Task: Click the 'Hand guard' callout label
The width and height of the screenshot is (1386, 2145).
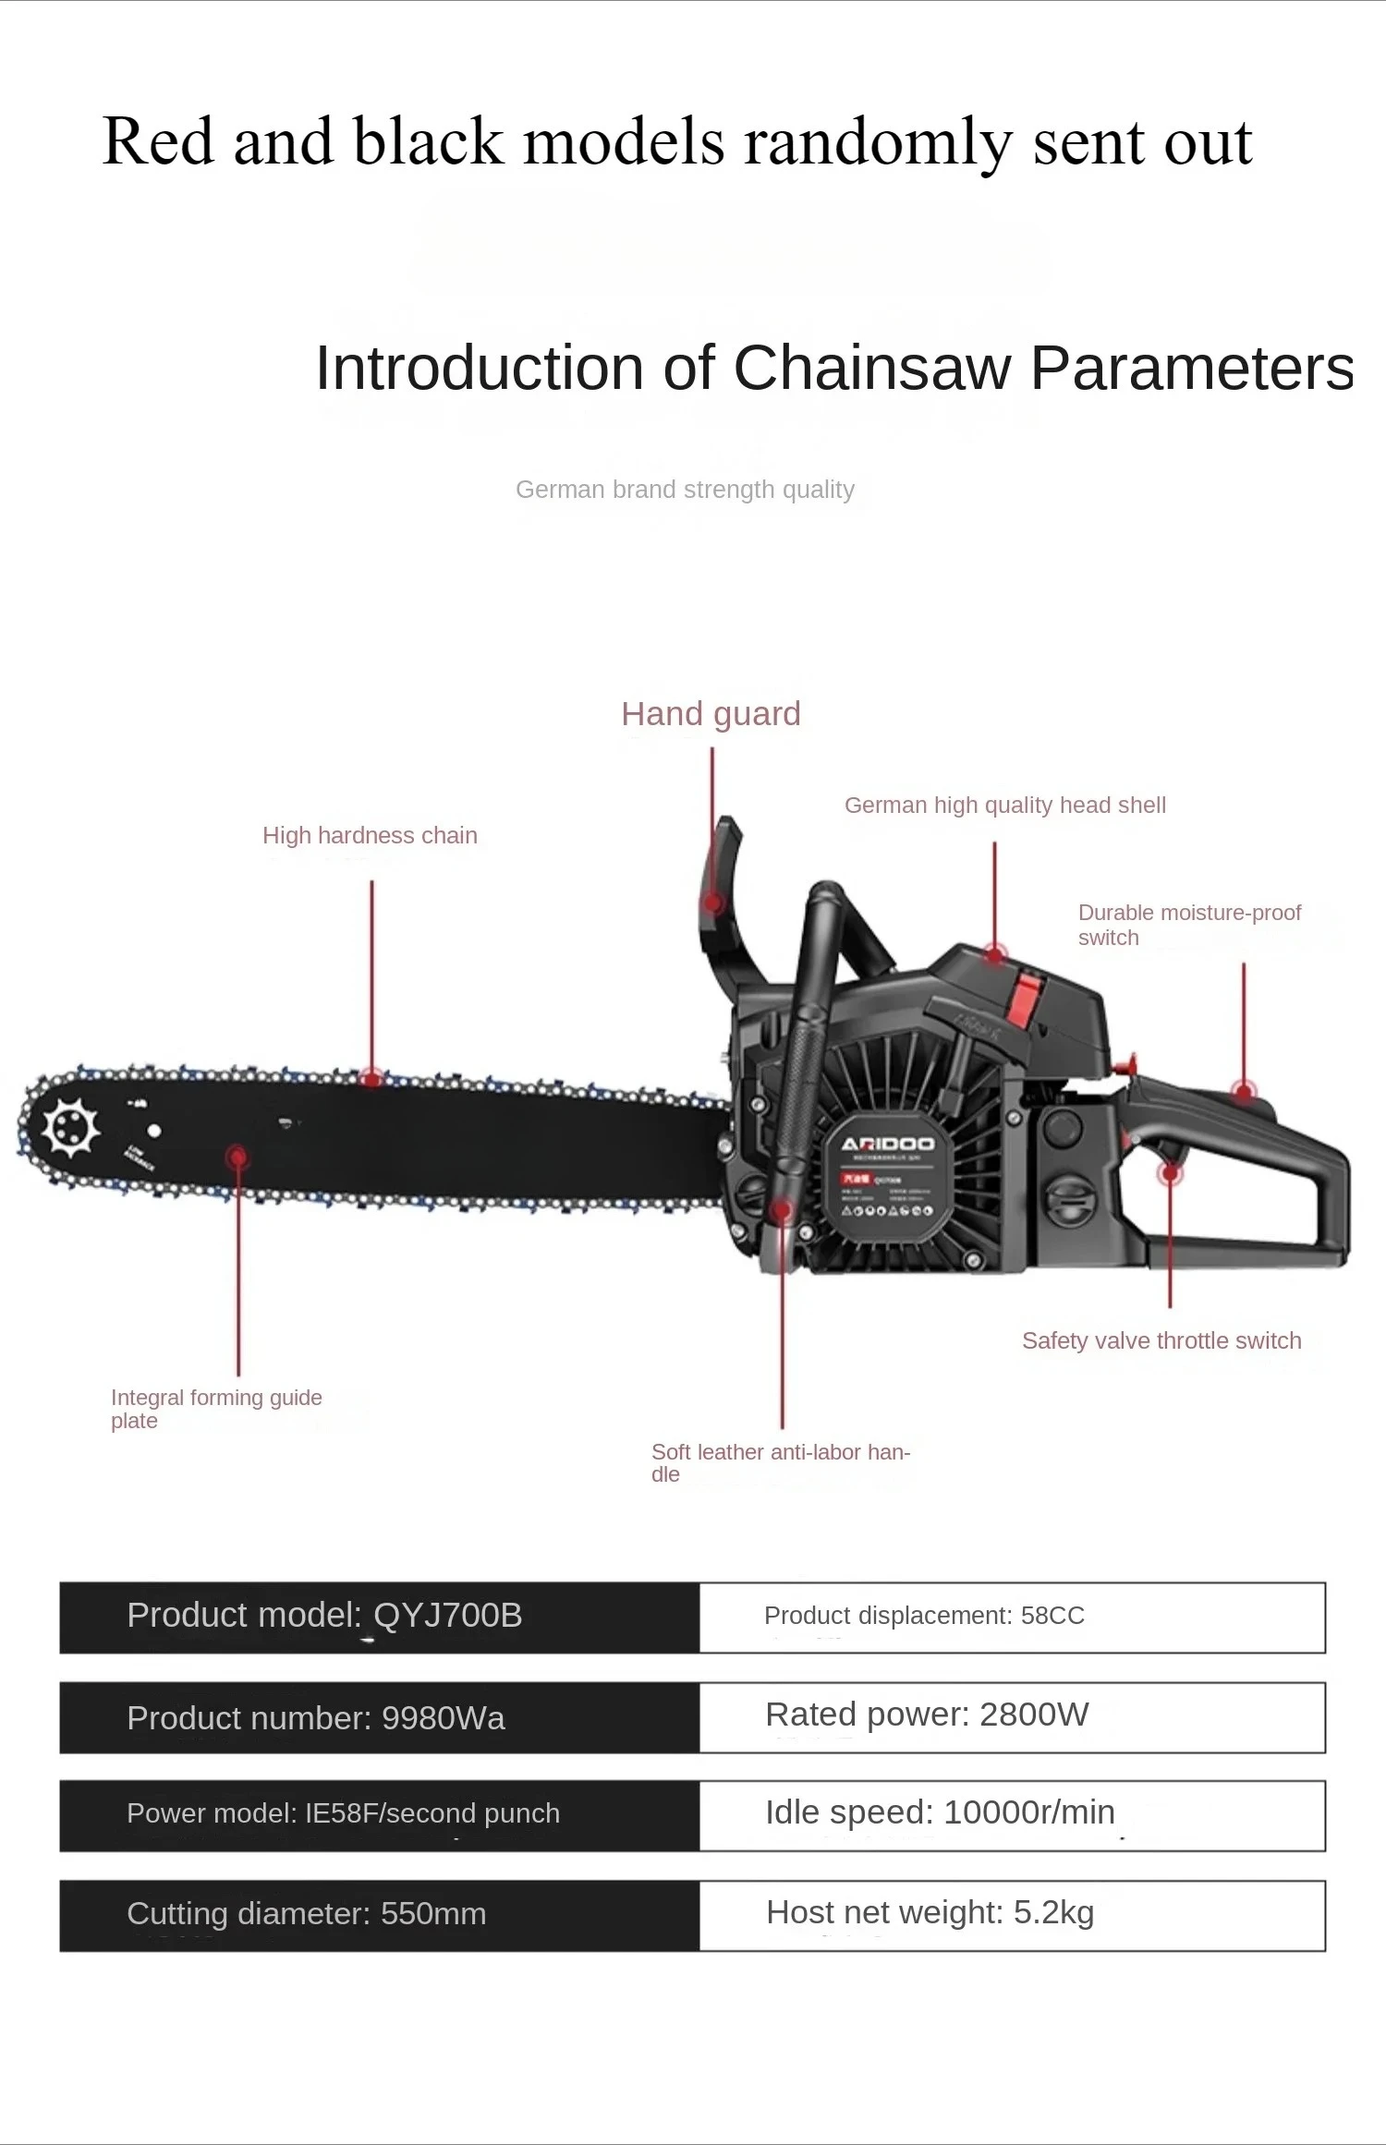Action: [x=711, y=714]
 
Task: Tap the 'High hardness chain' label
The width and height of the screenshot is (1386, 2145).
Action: [x=370, y=835]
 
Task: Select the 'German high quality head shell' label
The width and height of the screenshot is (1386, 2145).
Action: [x=1004, y=805]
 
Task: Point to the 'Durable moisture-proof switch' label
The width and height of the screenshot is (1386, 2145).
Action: [x=1188, y=925]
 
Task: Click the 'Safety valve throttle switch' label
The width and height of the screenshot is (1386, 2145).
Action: [x=1161, y=1340]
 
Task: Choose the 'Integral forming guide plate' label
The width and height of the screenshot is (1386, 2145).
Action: [x=216, y=1409]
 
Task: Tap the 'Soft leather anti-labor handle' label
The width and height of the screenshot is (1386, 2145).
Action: [x=781, y=1462]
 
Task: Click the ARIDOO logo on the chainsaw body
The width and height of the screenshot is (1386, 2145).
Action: [x=887, y=1145]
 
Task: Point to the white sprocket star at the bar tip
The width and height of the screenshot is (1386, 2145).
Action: [x=70, y=1128]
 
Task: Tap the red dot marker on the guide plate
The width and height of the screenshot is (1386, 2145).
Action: [x=237, y=1157]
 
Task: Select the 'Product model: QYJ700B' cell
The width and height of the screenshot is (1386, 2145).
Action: [x=379, y=1617]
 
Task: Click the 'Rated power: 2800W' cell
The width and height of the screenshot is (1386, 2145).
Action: [x=1012, y=1716]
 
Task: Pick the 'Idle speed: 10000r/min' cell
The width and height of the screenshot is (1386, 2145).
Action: [x=1012, y=1814]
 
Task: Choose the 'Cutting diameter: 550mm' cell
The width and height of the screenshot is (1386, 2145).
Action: [x=379, y=1914]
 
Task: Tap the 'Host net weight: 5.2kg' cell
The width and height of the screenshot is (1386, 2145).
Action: [x=1012, y=1914]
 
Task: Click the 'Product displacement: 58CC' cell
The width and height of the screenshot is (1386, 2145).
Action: [x=1012, y=1617]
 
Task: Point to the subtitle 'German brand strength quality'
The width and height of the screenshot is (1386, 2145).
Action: [x=685, y=490]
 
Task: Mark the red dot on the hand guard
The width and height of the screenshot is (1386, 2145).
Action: [x=712, y=903]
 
